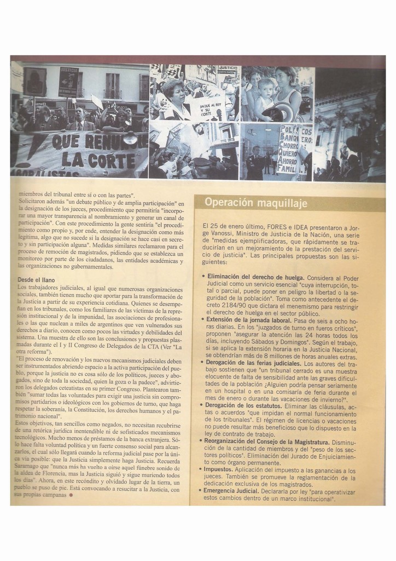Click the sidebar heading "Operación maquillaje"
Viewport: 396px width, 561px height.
click(256, 203)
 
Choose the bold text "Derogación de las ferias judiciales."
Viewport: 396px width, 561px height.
click(254, 363)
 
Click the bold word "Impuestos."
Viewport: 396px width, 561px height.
click(219, 470)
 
